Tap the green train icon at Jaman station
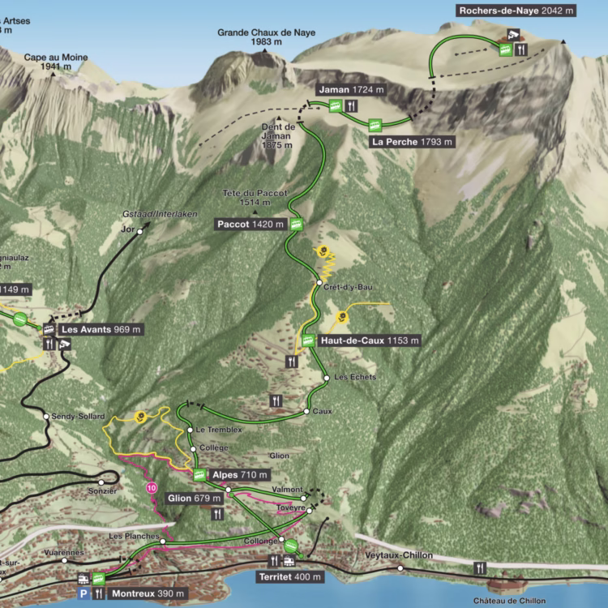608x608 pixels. tap(335, 105)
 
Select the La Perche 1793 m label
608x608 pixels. tap(412, 142)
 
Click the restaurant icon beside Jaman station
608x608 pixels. tap(351, 105)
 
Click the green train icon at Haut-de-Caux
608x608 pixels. tap(308, 340)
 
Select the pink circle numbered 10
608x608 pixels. tap(152, 488)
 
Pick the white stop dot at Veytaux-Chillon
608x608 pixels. tap(400, 569)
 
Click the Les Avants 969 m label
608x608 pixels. tap(101, 329)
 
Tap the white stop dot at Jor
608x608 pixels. tap(140, 231)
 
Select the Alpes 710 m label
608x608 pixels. tap(237, 474)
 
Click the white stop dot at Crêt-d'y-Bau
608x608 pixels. tap(319, 282)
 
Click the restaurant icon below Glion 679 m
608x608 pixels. tap(216, 514)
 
